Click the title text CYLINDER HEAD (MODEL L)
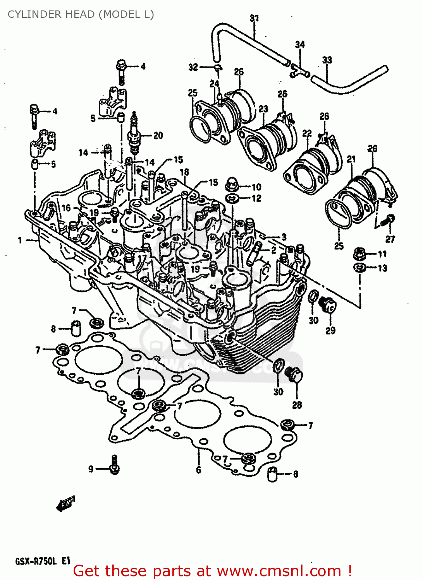pyautogui.click(x=81, y=14)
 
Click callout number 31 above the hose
pyautogui.click(x=254, y=18)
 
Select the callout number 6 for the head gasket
pyautogui.click(x=198, y=470)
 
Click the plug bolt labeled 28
pyautogui.click(x=294, y=375)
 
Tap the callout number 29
pyautogui.click(x=330, y=331)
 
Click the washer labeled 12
pyautogui.click(x=232, y=199)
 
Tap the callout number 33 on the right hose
pyautogui.click(x=327, y=60)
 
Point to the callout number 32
pyautogui.click(x=193, y=67)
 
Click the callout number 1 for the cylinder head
pyautogui.click(x=20, y=240)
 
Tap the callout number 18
pyautogui.click(x=184, y=172)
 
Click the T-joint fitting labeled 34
pyautogui.click(x=299, y=70)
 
